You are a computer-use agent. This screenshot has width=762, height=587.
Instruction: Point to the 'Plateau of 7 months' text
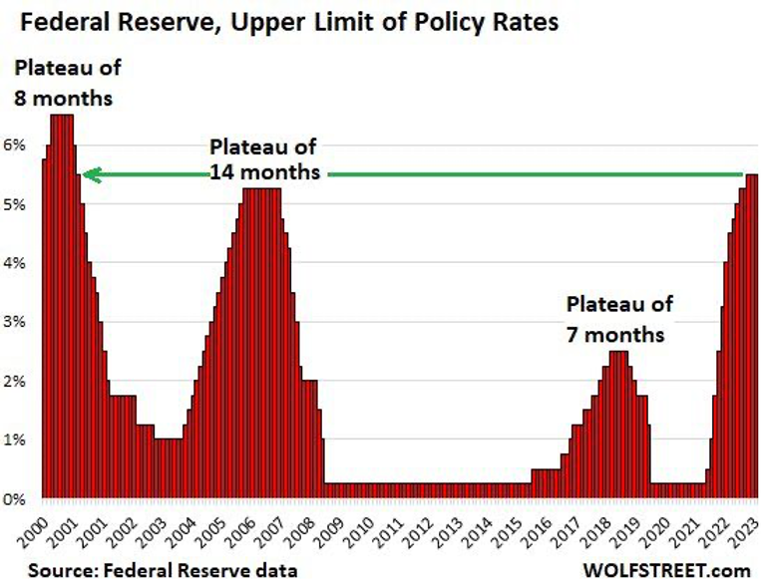tap(619, 319)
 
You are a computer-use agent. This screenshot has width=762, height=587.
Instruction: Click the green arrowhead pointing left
tap(90, 175)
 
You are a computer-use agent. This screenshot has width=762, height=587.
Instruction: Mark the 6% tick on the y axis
tap(18, 146)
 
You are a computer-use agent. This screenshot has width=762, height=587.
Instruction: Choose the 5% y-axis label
tap(18, 204)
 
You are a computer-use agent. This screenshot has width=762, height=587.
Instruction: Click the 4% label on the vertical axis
tap(18, 263)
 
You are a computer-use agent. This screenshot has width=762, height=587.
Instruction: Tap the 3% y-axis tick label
tap(18, 322)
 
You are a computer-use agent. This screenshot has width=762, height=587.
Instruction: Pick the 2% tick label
tap(18, 381)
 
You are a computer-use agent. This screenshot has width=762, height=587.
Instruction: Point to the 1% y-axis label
tap(18, 440)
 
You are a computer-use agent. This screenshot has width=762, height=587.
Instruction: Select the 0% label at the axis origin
tap(18, 498)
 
